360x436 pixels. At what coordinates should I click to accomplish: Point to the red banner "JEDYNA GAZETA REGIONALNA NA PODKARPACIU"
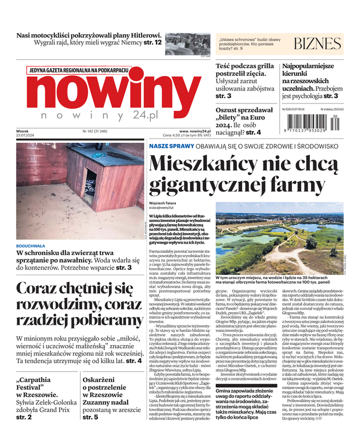click(78, 70)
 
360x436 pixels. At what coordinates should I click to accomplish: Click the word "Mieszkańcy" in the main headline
click(206, 163)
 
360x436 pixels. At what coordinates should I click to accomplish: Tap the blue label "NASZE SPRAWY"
click(168, 146)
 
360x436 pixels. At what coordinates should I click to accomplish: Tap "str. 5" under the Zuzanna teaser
click(90, 417)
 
